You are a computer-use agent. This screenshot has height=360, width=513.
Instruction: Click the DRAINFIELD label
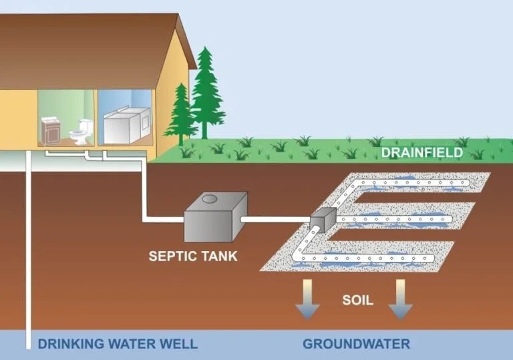click(421, 153)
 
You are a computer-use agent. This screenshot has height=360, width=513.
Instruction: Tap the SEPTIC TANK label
click(192, 255)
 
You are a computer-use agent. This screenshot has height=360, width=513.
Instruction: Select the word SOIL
click(357, 300)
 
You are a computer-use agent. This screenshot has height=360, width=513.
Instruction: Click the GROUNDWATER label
click(356, 345)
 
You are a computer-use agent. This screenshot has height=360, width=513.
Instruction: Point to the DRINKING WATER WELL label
click(118, 345)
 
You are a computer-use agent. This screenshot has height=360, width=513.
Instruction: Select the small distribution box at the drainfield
click(323, 217)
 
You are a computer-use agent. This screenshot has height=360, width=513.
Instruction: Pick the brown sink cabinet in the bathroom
click(51, 130)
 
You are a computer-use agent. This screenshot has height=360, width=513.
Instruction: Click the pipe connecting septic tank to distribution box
click(277, 218)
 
